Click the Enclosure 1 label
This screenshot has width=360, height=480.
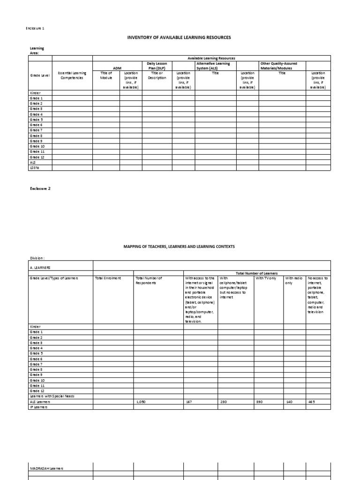[x=35, y=29]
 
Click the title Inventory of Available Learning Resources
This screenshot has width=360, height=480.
[x=180, y=37]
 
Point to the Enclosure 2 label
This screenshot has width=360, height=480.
[x=40, y=188]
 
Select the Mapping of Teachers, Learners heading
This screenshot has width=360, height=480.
[x=180, y=246]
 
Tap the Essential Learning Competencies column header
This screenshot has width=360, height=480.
[x=72, y=75]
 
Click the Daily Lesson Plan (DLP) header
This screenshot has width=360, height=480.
[x=157, y=66]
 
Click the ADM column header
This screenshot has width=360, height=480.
[x=117, y=68]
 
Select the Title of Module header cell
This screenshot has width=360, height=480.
[x=105, y=75]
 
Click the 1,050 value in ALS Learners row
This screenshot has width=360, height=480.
[x=141, y=402]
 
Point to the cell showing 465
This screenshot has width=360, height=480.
[x=313, y=402]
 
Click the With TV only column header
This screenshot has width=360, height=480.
[x=266, y=278]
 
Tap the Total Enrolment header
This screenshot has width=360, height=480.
[x=108, y=278]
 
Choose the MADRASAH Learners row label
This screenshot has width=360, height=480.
[x=46, y=468]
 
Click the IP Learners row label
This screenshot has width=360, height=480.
[x=39, y=407]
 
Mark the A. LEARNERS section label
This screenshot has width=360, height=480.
[x=40, y=266]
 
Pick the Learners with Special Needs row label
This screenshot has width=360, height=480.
[x=52, y=396]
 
